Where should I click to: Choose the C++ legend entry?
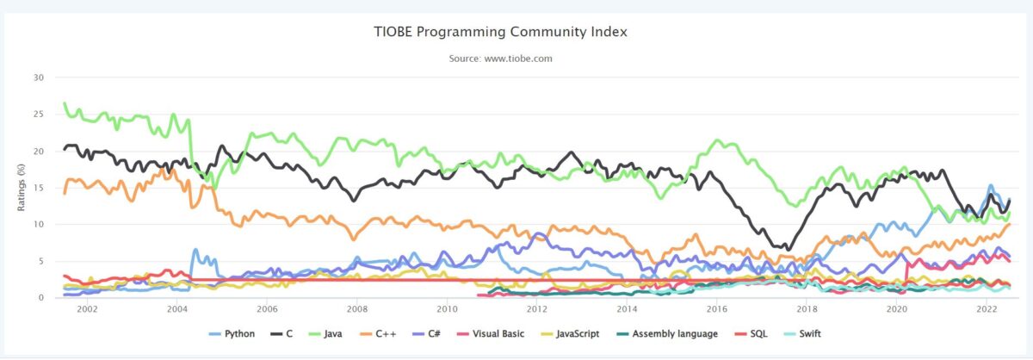click(x=383, y=332)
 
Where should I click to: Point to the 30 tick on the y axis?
click(x=38, y=78)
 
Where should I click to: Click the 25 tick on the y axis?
click(x=38, y=115)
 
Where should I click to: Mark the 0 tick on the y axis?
click(x=40, y=298)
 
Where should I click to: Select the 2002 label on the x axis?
click(x=87, y=308)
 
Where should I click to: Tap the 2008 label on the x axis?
click(x=356, y=308)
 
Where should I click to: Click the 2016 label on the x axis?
click(x=716, y=308)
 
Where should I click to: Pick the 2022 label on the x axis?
click(x=986, y=308)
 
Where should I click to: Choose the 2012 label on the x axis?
click(x=536, y=308)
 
